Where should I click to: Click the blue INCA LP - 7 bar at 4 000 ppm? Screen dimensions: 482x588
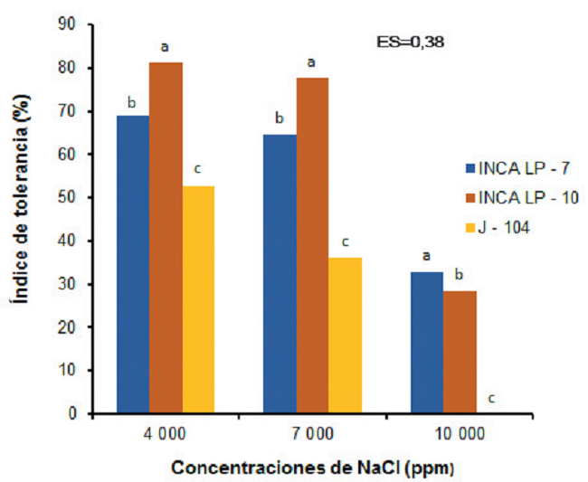[132, 264]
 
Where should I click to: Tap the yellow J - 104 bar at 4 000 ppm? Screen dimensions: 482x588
[198, 299]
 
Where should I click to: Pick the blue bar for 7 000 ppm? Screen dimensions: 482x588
[280, 274]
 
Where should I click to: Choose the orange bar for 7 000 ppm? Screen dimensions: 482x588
[312, 245]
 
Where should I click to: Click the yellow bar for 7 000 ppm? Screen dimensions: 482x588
[345, 336]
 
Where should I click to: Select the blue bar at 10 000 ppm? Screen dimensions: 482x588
[427, 343]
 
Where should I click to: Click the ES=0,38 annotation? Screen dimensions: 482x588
[408, 41]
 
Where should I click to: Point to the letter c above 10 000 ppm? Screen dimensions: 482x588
[492, 399]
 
